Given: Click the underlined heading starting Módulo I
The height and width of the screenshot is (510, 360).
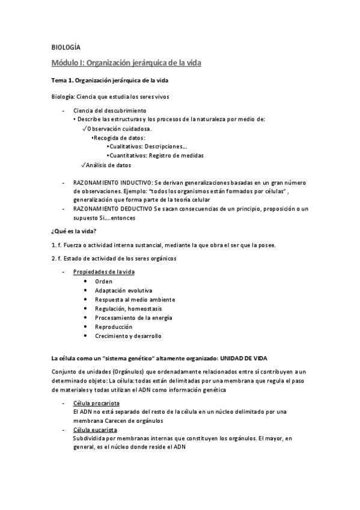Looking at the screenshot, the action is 126,62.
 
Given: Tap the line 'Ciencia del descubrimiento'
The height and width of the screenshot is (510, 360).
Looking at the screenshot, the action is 109,111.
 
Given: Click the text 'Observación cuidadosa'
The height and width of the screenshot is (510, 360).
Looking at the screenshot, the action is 118,128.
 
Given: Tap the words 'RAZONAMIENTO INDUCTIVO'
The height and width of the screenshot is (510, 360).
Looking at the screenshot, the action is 112,182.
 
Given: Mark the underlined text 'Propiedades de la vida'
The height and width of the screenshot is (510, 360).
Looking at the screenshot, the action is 104,272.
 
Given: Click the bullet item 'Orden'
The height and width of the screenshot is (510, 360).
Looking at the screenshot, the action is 103,281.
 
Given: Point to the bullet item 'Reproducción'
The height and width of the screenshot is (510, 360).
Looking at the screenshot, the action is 113,327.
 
